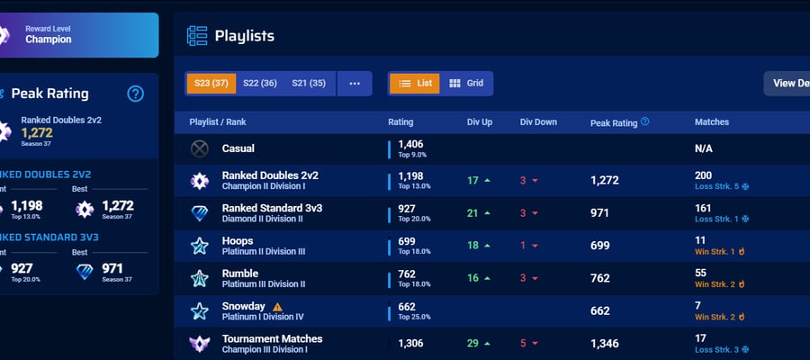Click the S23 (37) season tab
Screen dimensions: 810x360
click(211, 83)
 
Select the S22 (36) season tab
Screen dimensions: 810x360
click(260, 83)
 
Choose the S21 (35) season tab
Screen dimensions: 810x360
click(309, 83)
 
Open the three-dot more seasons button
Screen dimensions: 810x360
click(355, 83)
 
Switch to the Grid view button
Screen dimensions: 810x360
click(466, 83)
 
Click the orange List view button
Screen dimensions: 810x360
click(415, 83)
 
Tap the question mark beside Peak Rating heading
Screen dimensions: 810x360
click(135, 94)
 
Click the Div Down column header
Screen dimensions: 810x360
click(538, 122)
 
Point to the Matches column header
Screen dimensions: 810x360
click(712, 121)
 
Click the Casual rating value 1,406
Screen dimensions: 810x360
click(410, 144)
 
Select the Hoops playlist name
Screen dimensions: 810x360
click(238, 240)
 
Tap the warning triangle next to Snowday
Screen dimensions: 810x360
click(277, 306)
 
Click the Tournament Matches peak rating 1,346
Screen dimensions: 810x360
click(605, 344)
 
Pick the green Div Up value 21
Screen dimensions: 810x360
click(472, 212)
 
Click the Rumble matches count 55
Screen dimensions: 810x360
click(700, 273)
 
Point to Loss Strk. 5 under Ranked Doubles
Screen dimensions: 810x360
click(717, 186)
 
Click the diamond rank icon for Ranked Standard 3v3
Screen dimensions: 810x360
click(200, 213)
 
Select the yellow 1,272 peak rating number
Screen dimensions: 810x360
click(37, 132)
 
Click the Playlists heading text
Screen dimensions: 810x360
click(244, 36)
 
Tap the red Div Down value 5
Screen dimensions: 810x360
click(523, 344)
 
